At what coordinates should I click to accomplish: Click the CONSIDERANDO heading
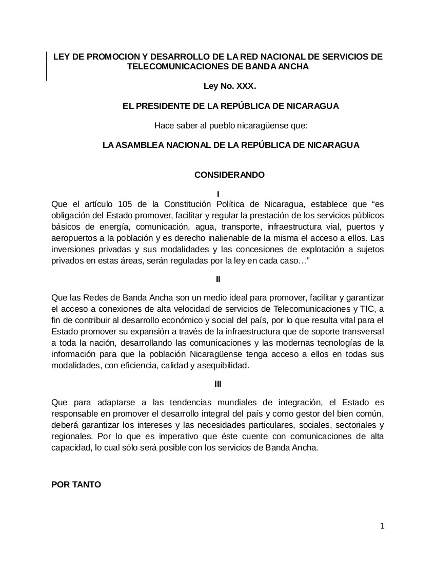tap(229, 175)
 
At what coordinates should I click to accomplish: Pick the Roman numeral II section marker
tap(218, 279)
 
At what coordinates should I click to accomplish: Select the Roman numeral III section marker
tap(218, 384)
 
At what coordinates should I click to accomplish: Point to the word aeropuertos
tap(73, 238)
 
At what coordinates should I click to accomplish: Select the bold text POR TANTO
tap(76, 484)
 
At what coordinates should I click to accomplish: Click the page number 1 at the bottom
tap(382, 525)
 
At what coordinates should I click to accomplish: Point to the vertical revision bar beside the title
tap(47, 66)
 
